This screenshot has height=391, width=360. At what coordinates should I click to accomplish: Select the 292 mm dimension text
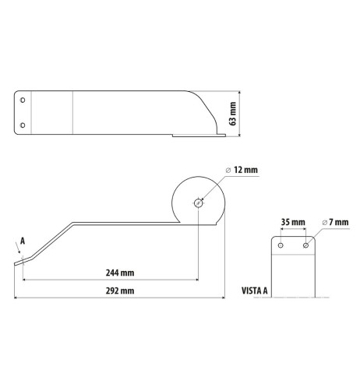(x=117, y=291)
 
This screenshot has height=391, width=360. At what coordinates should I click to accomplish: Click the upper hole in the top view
(x=23, y=100)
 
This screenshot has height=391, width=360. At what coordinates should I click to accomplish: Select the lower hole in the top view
(x=23, y=125)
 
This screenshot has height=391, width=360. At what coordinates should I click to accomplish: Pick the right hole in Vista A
(x=305, y=245)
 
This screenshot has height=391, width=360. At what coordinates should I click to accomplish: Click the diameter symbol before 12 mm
(x=227, y=169)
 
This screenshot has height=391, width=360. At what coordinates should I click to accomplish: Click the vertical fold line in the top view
(x=72, y=113)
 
